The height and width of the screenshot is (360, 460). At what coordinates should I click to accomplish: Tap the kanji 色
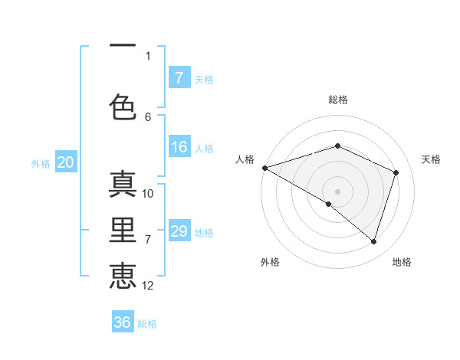(123, 107)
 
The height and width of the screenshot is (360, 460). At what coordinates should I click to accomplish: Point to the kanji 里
(123, 231)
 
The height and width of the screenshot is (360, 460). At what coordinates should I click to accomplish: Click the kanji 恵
(123, 276)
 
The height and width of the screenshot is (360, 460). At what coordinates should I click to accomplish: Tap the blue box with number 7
(179, 78)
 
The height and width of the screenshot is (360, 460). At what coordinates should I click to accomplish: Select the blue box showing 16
(179, 148)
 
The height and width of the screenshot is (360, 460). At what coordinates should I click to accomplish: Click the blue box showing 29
(179, 231)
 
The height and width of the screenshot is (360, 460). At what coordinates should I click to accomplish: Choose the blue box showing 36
(123, 322)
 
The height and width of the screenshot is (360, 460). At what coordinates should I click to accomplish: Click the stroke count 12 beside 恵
(148, 286)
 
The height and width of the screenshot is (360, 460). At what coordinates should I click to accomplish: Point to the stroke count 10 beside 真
(148, 194)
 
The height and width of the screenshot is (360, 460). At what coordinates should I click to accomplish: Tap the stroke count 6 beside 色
(148, 116)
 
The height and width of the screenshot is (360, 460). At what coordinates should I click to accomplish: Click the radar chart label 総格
(337, 100)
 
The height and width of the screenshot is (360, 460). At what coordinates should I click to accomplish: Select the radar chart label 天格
(431, 159)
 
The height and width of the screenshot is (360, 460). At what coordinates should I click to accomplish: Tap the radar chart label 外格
(270, 262)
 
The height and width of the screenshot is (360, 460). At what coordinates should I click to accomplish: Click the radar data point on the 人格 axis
(264, 168)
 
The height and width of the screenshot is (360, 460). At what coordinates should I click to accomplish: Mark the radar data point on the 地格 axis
(373, 242)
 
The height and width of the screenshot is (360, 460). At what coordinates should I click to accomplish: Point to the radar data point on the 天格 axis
(396, 172)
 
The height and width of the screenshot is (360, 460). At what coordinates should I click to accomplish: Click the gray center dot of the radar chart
(337, 191)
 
